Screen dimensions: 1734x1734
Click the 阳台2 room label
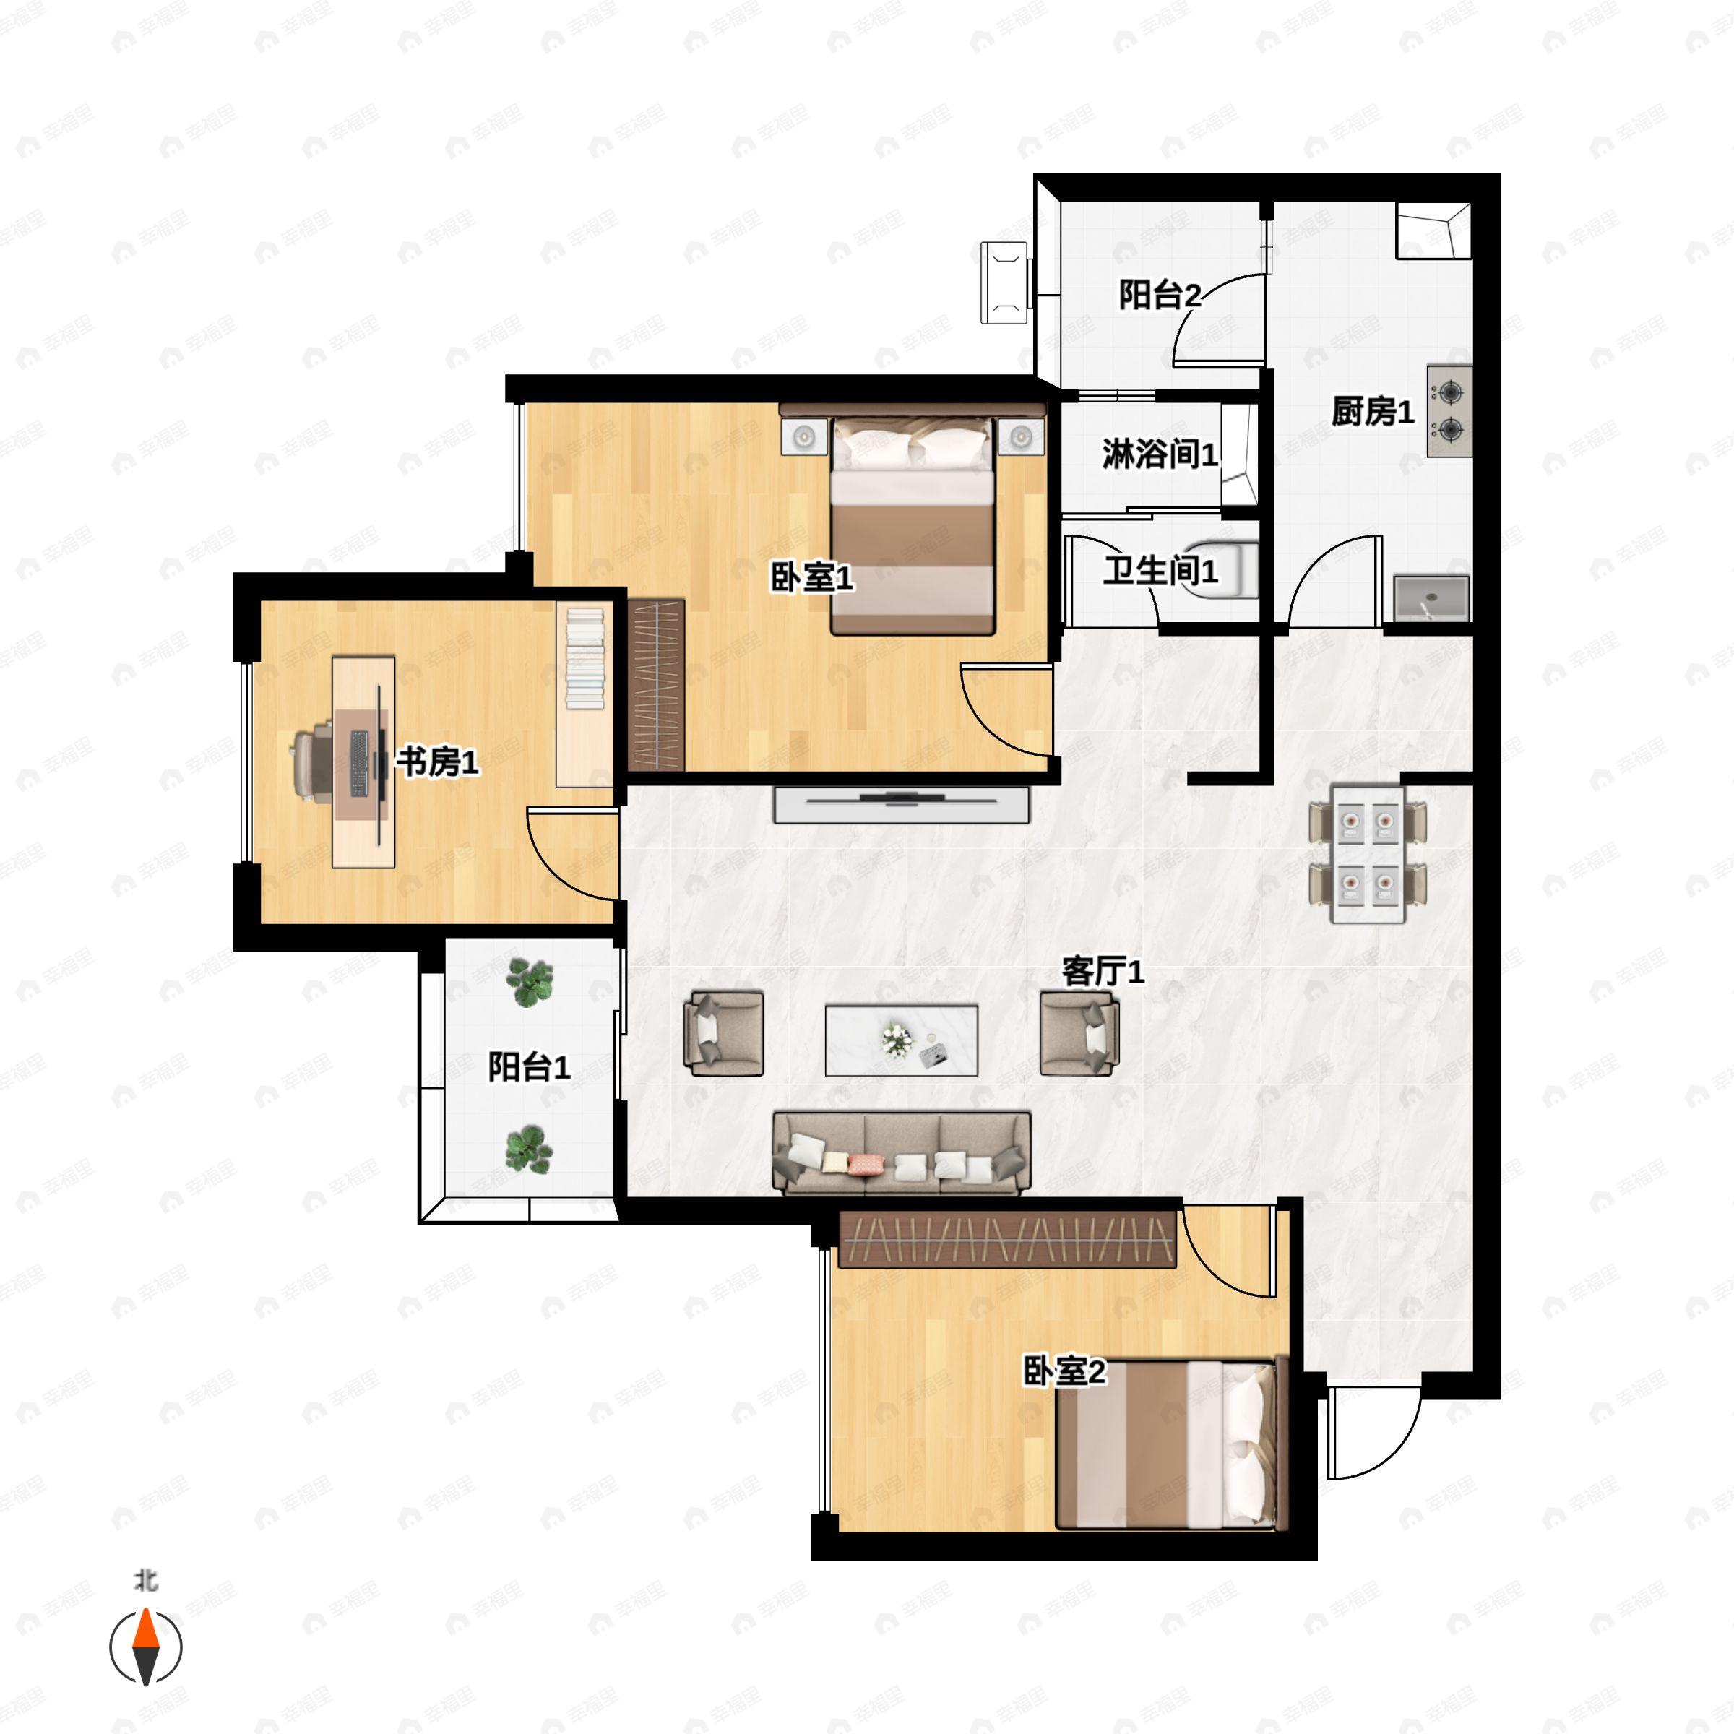pyautogui.click(x=1159, y=296)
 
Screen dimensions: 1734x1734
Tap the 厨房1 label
pyautogui.click(x=1372, y=412)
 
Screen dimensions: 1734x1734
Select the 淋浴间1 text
pyautogui.click(x=1160, y=455)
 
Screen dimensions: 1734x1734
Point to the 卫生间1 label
pyautogui.click(x=1160, y=571)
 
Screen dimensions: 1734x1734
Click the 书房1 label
pyautogui.click(x=437, y=762)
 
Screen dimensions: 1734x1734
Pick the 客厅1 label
pyautogui.click(x=1103, y=971)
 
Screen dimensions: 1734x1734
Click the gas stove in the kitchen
pyautogui.click(x=1449, y=411)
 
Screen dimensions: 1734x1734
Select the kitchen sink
pyautogui.click(x=1431, y=599)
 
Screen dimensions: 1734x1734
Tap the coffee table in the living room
pyautogui.click(x=901, y=1040)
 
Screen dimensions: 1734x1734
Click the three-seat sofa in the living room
pyautogui.click(x=901, y=1153)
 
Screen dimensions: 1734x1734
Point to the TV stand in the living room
pyautogui.click(x=901, y=804)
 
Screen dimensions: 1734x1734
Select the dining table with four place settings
pyautogui.click(x=1367, y=855)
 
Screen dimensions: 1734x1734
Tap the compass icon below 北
pyautogui.click(x=145, y=1647)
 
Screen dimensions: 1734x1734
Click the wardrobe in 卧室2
pyautogui.click(x=1007, y=1240)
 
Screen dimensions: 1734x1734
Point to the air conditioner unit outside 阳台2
pyautogui.click(x=1005, y=282)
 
